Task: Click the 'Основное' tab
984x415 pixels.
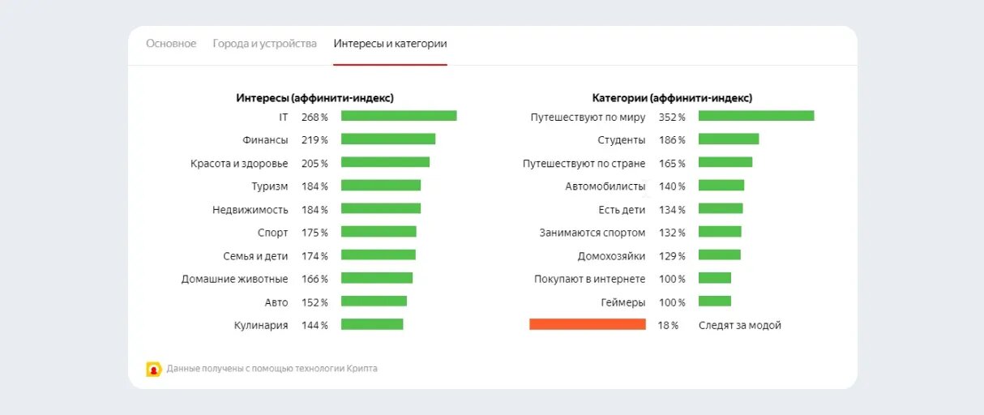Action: (171, 44)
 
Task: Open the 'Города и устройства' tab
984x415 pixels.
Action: (264, 44)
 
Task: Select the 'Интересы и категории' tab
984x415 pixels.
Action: (390, 44)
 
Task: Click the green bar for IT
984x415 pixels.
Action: (399, 116)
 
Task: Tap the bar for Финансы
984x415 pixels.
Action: (388, 139)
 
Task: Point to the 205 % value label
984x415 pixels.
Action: (314, 163)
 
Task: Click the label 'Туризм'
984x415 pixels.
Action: (269, 186)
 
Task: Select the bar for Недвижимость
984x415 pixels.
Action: (381, 208)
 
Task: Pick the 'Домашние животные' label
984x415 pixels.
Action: (234, 279)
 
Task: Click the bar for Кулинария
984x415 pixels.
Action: (372, 324)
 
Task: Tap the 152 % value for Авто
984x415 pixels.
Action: (314, 302)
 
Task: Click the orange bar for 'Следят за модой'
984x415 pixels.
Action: (588, 324)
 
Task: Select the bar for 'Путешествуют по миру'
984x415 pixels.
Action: (756, 116)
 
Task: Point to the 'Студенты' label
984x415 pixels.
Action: (621, 140)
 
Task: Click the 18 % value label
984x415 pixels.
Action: (668, 326)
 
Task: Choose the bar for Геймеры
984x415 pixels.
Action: (715, 302)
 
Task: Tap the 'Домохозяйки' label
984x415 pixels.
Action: (611, 256)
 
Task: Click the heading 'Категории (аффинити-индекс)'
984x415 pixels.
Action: (672, 98)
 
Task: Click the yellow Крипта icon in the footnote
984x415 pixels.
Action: (154, 369)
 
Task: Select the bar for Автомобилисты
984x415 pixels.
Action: (721, 186)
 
